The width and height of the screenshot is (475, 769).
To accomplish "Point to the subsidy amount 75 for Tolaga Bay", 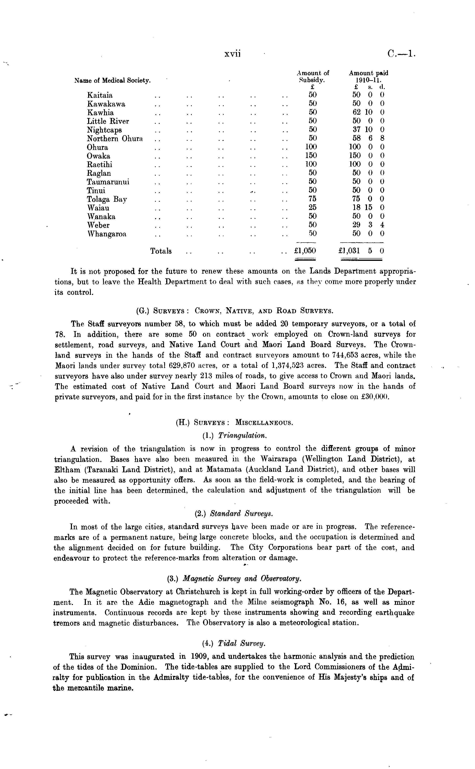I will pos(313,199).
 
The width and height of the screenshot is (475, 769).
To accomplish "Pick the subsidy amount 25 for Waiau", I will pos(313,207).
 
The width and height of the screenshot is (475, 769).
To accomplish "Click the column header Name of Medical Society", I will pos(112,81).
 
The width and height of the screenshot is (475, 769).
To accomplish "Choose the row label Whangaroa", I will pos(107,234).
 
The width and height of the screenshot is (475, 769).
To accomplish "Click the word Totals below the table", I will pos(161,251).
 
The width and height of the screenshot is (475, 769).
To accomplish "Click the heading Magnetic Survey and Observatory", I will pos(242,578).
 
